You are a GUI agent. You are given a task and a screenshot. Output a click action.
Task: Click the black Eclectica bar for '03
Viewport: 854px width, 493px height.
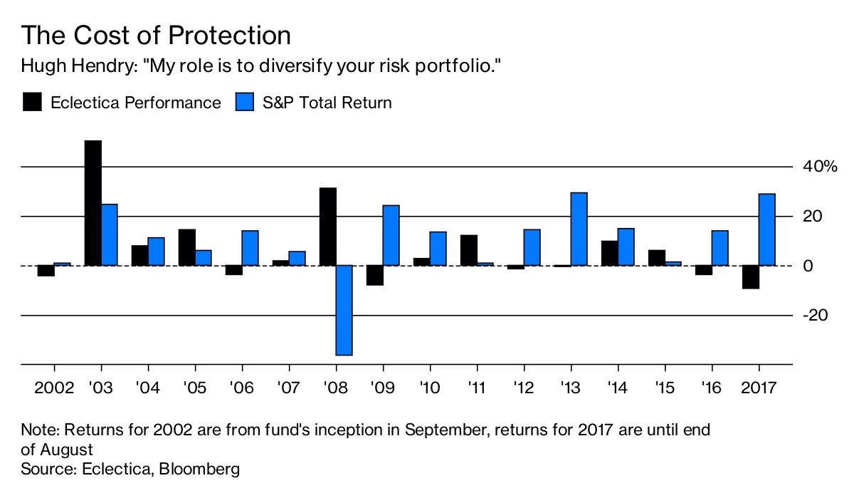pyautogui.click(x=93, y=203)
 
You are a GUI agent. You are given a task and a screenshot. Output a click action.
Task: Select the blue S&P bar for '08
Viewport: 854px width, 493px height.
pyautogui.click(x=344, y=310)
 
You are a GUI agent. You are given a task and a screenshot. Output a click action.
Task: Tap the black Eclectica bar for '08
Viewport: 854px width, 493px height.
pyautogui.click(x=327, y=227)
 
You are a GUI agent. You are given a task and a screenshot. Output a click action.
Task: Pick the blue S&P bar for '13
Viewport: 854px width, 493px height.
pyautogui.click(x=579, y=229)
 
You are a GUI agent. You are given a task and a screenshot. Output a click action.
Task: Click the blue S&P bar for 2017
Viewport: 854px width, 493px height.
pyautogui.click(x=767, y=229)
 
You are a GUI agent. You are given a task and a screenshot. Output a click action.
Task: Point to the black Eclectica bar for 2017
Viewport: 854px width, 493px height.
pyautogui.click(x=750, y=277)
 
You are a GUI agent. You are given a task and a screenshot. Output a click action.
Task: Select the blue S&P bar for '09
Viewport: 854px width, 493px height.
pyautogui.click(x=391, y=235)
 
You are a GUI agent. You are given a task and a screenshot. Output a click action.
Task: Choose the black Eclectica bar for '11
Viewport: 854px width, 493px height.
pyautogui.click(x=468, y=250)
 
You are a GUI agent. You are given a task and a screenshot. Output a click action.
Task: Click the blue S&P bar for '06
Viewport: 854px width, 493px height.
pyautogui.click(x=251, y=248)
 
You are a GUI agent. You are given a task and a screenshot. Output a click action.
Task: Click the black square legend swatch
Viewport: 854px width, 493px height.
pyautogui.click(x=32, y=102)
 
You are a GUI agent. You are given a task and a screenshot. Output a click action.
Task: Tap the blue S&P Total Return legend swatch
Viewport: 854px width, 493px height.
pyautogui.click(x=244, y=102)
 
